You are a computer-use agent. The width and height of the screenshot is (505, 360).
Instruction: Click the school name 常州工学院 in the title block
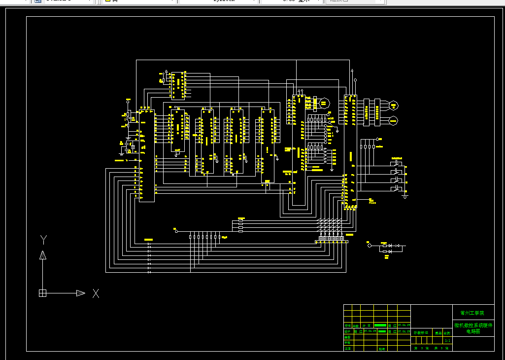pyautogui.click(x=472, y=313)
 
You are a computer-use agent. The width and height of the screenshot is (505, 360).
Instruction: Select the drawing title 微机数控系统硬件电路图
pyautogui.click(x=472, y=328)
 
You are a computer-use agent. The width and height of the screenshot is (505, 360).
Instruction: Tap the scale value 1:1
pyautogui.click(x=447, y=340)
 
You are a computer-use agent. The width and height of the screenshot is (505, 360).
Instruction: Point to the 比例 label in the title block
pyautogui.click(x=447, y=333)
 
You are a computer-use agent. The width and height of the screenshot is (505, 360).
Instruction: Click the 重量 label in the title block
pyautogui.click(x=438, y=333)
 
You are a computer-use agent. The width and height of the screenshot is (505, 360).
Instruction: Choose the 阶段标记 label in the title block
pyautogui.click(x=421, y=333)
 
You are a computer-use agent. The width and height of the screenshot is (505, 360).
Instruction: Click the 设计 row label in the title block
pyautogui.click(x=347, y=331)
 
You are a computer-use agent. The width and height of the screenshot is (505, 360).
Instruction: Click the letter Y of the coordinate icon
pyautogui.click(x=43, y=240)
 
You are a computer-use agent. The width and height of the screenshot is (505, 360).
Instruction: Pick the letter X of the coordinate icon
pyautogui.click(x=96, y=293)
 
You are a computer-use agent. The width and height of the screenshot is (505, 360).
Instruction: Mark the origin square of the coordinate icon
pyautogui.click(x=43, y=293)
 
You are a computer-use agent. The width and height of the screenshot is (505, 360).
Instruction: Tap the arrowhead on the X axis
pyautogui.click(x=81, y=293)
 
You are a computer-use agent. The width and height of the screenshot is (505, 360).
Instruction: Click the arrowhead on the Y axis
pyautogui.click(x=43, y=255)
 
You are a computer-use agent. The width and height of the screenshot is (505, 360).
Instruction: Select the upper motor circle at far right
pyautogui.click(x=394, y=105)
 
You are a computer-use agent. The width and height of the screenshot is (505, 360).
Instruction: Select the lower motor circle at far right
pyautogui.click(x=394, y=120)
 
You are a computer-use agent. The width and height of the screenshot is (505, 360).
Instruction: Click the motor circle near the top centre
pyautogui.click(x=324, y=103)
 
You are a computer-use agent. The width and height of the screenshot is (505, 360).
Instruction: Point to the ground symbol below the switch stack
pyautogui.click(x=405, y=196)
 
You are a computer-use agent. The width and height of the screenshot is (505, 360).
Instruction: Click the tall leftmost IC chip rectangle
pyautogui.click(x=146, y=155)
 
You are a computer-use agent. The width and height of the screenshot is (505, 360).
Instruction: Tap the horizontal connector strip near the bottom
pyautogui.click(x=332, y=242)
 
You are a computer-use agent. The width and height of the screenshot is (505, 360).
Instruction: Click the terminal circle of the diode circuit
pyautogui.click(x=369, y=245)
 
